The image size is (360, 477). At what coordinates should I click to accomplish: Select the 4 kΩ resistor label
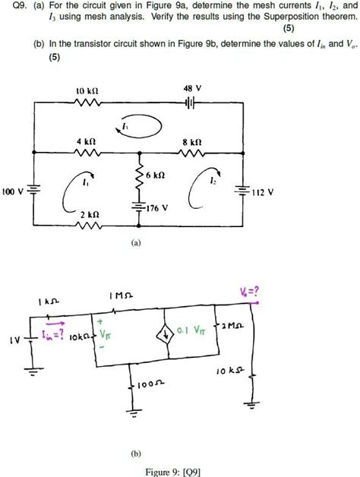[x=86, y=141]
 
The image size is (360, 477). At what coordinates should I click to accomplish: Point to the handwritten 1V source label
[x=14, y=340]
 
